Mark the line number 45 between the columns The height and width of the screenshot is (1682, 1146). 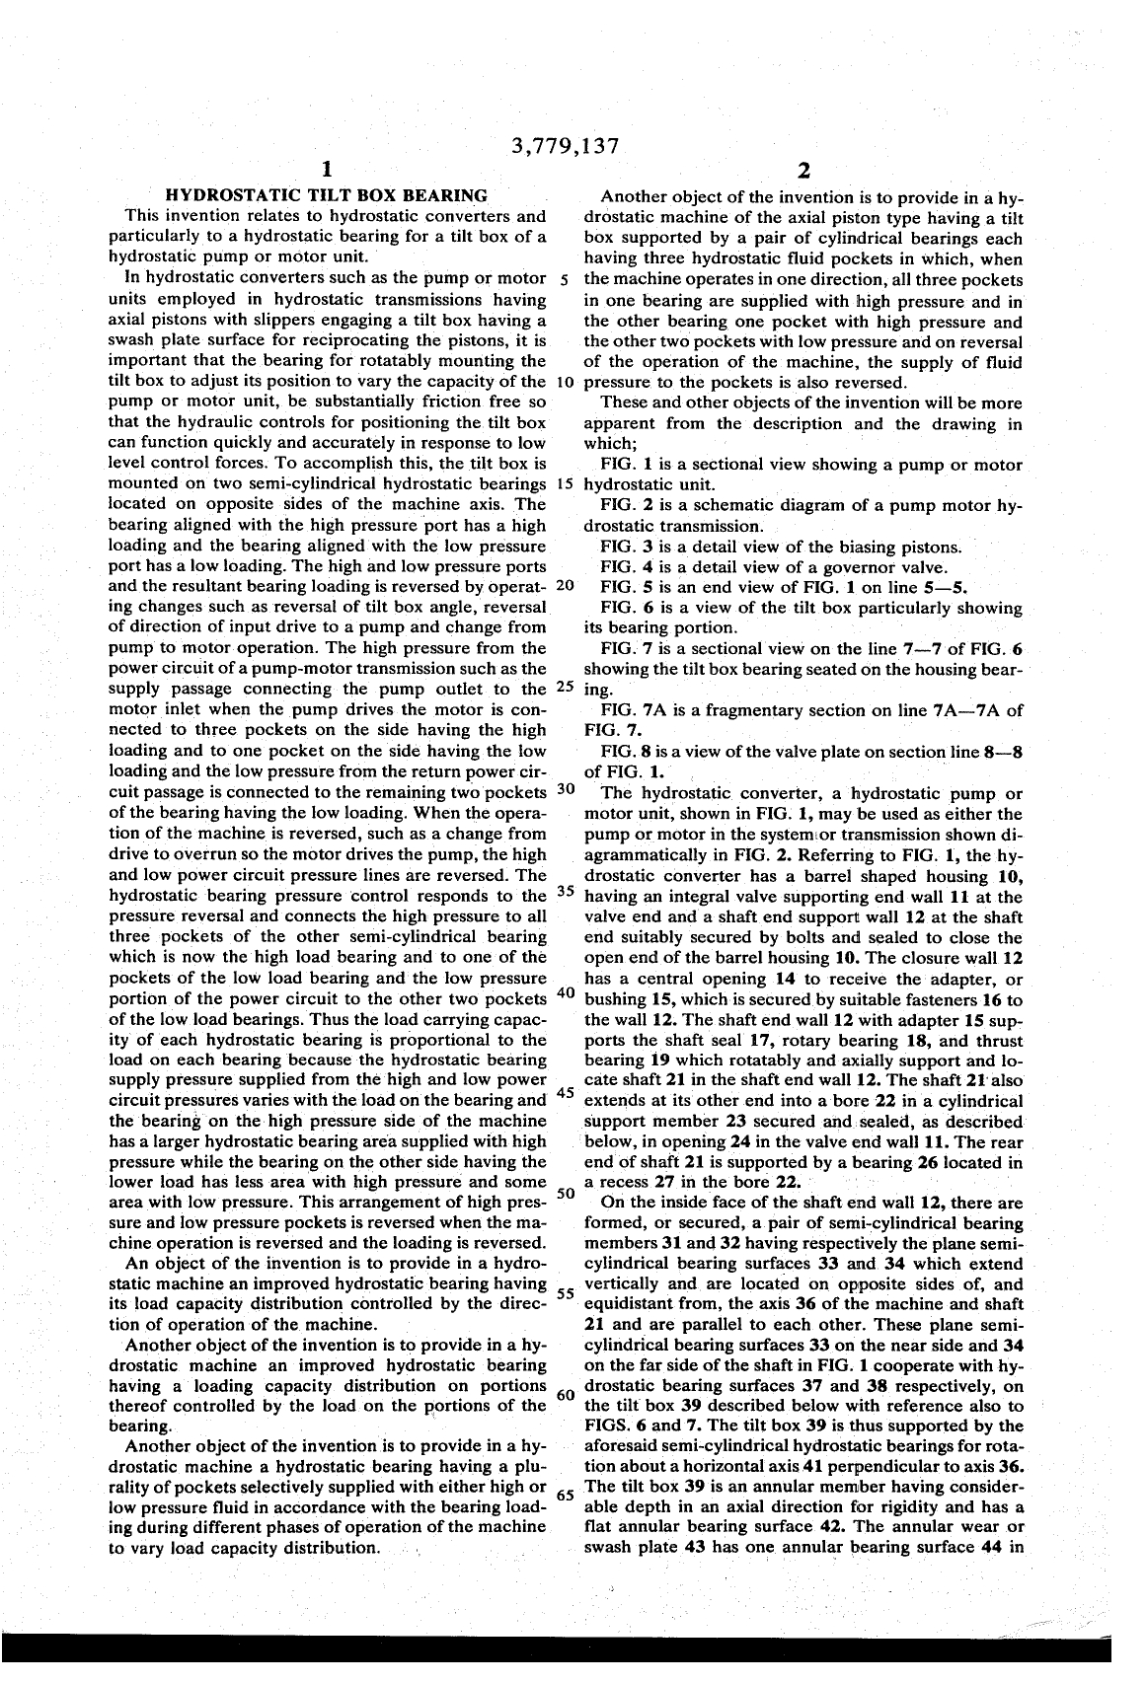click(566, 1093)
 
